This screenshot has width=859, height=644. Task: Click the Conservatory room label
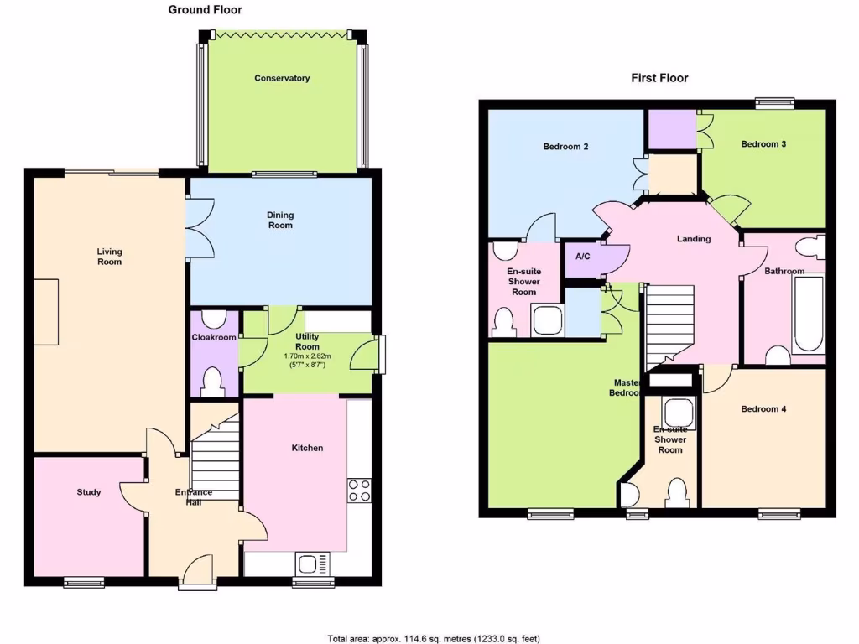282,78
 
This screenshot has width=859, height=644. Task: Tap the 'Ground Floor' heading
205,10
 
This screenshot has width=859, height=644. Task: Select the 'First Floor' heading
659,78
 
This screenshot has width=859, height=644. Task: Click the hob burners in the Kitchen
359,490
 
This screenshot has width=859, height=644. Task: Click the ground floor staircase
216,457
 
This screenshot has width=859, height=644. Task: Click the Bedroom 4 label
763,409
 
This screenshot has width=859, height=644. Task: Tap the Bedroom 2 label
565,147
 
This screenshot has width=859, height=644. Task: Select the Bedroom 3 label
763,143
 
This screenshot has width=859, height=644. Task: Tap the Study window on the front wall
83,580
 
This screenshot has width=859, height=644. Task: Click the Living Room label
109,257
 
